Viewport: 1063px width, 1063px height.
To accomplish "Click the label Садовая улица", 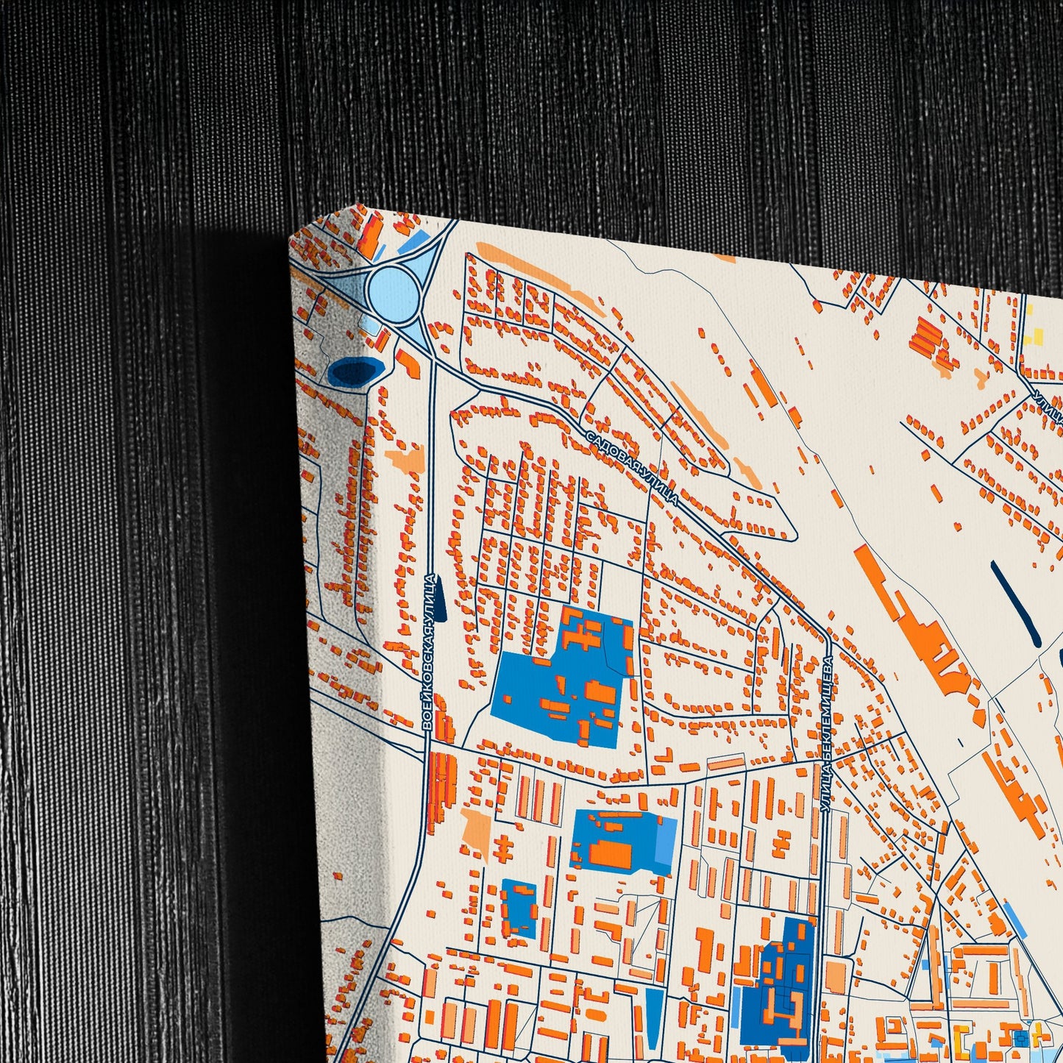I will point(633,468).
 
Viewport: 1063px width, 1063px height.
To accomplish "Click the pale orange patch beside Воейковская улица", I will point(406,459).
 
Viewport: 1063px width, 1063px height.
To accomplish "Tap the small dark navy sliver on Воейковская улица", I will point(440,605).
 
